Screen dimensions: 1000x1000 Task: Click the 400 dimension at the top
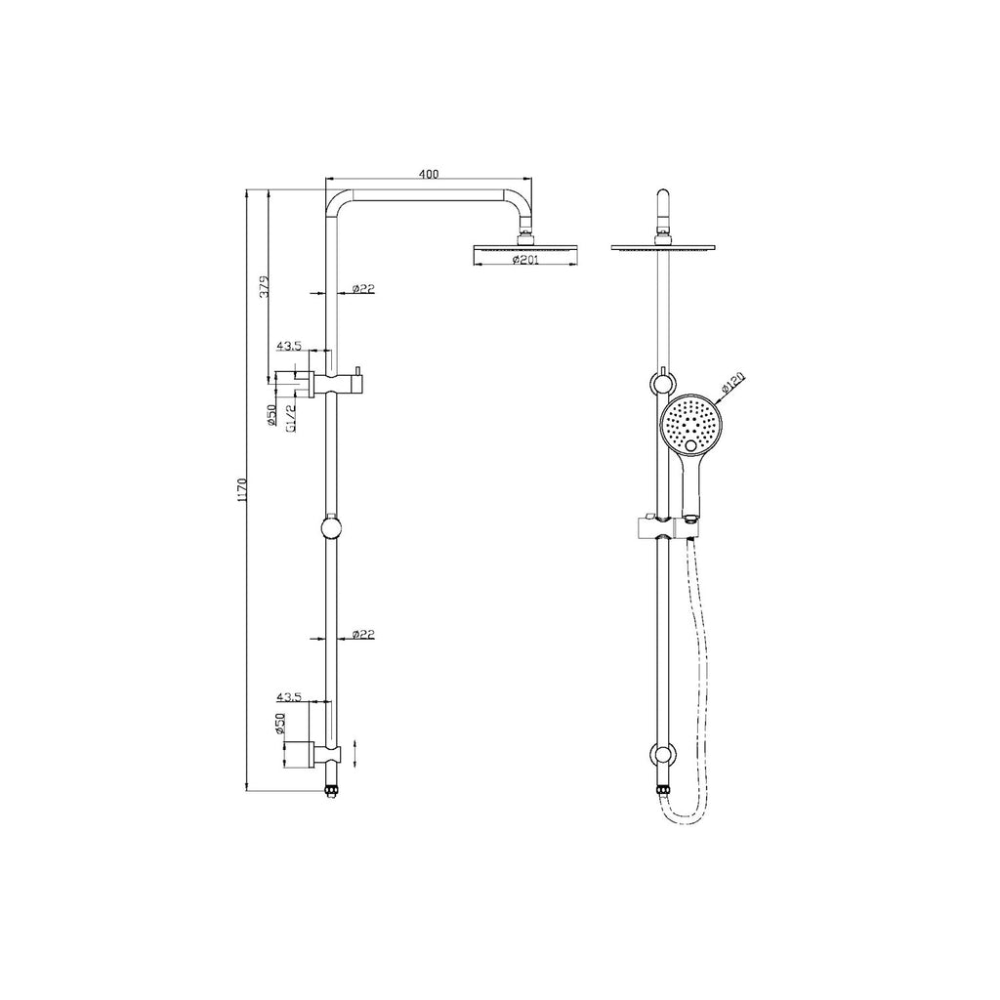click(429, 174)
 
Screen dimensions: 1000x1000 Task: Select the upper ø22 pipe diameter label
click(363, 288)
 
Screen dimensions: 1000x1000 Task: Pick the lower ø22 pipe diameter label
click(363, 635)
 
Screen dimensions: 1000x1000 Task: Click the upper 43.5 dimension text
click(289, 346)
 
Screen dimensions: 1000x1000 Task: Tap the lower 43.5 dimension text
click(289, 697)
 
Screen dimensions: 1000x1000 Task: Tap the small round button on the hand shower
click(693, 447)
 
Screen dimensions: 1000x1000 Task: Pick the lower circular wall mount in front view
click(664, 755)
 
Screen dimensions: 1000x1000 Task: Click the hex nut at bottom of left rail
click(331, 787)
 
